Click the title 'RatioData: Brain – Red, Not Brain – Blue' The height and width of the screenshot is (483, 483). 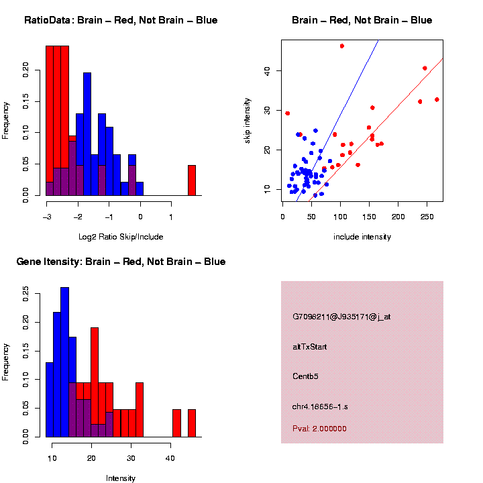(x=121, y=20)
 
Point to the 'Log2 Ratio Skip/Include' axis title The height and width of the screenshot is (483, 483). (x=120, y=236)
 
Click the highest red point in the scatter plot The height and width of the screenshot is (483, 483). (x=341, y=46)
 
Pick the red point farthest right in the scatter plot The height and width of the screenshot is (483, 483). (x=437, y=99)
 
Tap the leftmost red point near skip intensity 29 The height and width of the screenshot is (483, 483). (x=287, y=113)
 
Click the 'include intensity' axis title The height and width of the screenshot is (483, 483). (x=362, y=237)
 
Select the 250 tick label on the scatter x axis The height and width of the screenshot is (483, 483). (x=427, y=217)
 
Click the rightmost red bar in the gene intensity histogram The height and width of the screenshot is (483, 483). (x=191, y=423)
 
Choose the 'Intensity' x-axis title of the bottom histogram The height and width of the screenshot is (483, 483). (x=121, y=478)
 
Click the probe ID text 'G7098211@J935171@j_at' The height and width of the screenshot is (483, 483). (x=341, y=317)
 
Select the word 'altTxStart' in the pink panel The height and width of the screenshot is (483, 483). (x=309, y=347)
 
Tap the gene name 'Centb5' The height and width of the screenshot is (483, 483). (x=305, y=376)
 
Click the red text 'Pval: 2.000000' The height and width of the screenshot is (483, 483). (x=319, y=428)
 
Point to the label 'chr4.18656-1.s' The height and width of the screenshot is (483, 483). (x=320, y=407)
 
